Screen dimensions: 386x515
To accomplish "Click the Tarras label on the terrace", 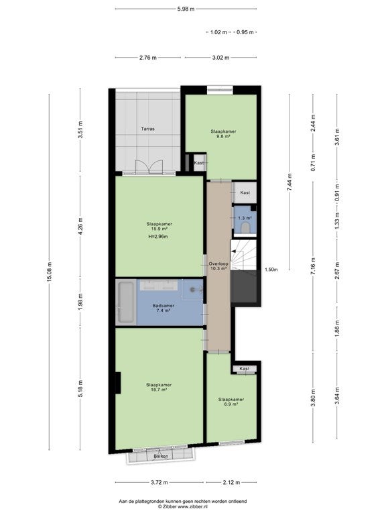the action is (147, 129).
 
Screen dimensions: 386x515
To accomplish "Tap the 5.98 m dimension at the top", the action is (186, 9).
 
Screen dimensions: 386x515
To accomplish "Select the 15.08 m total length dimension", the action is (50, 272).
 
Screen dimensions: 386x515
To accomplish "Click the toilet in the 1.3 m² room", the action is (245, 227).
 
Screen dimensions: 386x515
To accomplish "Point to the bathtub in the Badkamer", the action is (126, 301).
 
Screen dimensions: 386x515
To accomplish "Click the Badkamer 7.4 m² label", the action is (163, 308).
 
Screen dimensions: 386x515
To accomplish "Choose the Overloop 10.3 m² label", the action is (218, 266).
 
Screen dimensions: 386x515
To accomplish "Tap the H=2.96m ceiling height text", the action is (159, 237).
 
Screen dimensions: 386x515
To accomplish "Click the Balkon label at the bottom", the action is (161, 456).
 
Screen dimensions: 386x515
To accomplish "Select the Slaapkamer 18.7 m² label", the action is (159, 387).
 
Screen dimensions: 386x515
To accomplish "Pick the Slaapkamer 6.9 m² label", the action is (231, 402).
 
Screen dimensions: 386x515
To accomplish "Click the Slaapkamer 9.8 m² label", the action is (223, 133).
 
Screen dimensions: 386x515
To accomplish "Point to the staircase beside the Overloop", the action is (243, 255).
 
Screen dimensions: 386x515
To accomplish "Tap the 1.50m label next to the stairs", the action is (271, 270).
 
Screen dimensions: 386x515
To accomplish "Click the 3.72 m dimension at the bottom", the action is (159, 483).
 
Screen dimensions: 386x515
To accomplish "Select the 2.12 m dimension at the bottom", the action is (231, 483).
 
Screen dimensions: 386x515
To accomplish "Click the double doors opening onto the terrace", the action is (149, 166).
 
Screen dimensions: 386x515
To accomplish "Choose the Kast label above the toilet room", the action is (245, 193).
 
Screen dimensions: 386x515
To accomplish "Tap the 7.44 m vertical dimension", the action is (289, 182).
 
